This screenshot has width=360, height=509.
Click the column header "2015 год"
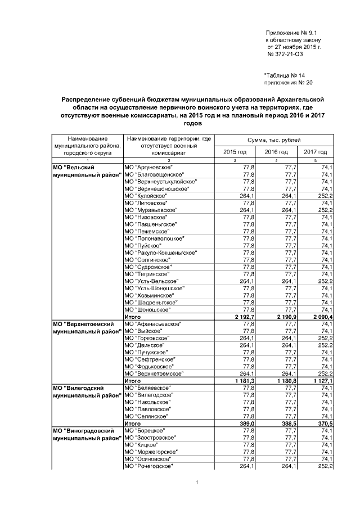tap(235, 152)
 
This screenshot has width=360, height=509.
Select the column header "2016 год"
tap(276, 152)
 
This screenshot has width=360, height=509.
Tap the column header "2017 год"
tap(315, 152)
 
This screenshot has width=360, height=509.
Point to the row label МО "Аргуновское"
tap(148, 168)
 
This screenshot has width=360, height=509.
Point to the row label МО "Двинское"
tap(145, 345)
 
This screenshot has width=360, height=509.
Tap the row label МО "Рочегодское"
tap(148, 466)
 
